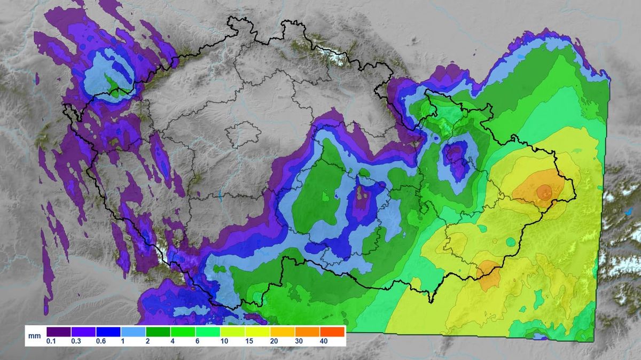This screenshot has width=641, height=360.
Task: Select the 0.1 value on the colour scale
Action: point(52,341)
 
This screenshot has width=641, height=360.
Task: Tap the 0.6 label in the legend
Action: point(101,341)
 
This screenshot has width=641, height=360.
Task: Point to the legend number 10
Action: point(224,341)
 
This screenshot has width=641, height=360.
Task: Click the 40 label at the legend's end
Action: point(323,341)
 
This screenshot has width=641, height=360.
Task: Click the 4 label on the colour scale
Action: point(175,341)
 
